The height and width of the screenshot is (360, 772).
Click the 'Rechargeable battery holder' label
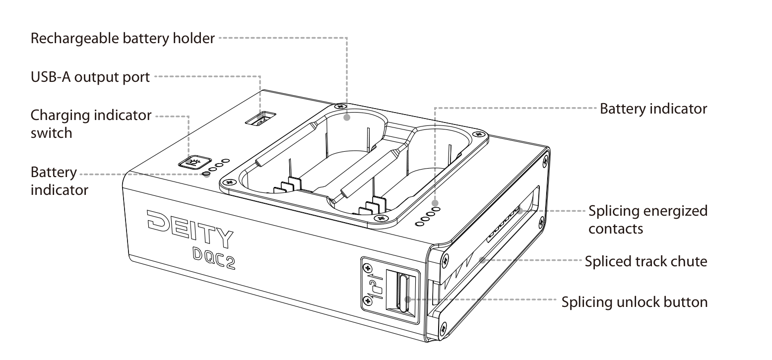click(x=123, y=38)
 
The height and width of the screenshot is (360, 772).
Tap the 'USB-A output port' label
click(x=90, y=77)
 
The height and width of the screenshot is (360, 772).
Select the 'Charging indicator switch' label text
click(x=91, y=124)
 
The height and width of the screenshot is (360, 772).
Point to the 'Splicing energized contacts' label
click(x=648, y=220)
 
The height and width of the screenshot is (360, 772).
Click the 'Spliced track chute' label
click(x=646, y=261)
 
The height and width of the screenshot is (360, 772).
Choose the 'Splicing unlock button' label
click(x=635, y=302)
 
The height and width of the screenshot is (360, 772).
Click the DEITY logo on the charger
click(x=190, y=229)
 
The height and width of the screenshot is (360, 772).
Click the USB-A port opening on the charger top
click(x=260, y=118)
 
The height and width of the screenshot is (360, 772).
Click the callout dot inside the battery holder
click(x=347, y=118)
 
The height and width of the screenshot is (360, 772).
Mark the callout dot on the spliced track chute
click(x=483, y=260)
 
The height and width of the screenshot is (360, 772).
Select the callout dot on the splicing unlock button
click(x=408, y=300)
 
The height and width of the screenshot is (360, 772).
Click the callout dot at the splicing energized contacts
click(x=520, y=211)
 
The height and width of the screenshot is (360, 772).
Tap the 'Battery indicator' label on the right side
click(x=653, y=109)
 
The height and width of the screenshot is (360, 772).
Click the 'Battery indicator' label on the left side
click(x=59, y=181)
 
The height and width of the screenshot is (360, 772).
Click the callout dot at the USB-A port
click(x=259, y=118)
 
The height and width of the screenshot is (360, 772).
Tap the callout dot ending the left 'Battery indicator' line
click(x=206, y=175)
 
